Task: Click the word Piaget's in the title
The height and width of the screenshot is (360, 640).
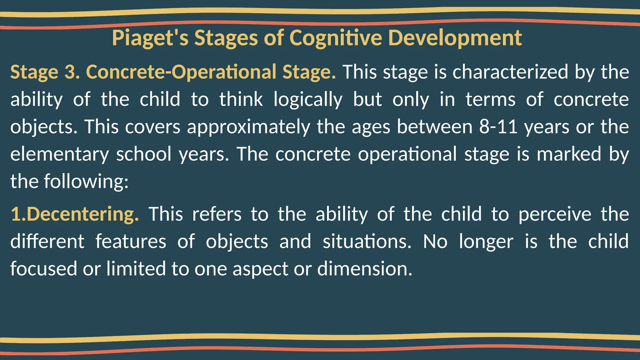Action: (x=150, y=38)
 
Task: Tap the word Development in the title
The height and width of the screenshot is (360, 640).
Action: (x=455, y=38)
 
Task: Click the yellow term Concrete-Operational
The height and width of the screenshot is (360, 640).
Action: (x=181, y=72)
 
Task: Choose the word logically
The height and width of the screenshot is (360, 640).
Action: (x=308, y=99)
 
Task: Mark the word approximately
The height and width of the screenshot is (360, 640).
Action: (x=249, y=127)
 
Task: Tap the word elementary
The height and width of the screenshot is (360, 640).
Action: (x=60, y=154)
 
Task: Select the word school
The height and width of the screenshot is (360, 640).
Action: (x=144, y=154)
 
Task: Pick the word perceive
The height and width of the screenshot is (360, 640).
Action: (x=555, y=214)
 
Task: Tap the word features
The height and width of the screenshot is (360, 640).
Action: (x=131, y=242)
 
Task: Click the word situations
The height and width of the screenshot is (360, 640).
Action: (x=367, y=242)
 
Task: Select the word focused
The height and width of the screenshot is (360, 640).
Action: (x=43, y=269)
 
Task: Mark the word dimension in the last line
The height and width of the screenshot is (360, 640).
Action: (x=364, y=269)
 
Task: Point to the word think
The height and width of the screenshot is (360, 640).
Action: (x=241, y=99)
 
